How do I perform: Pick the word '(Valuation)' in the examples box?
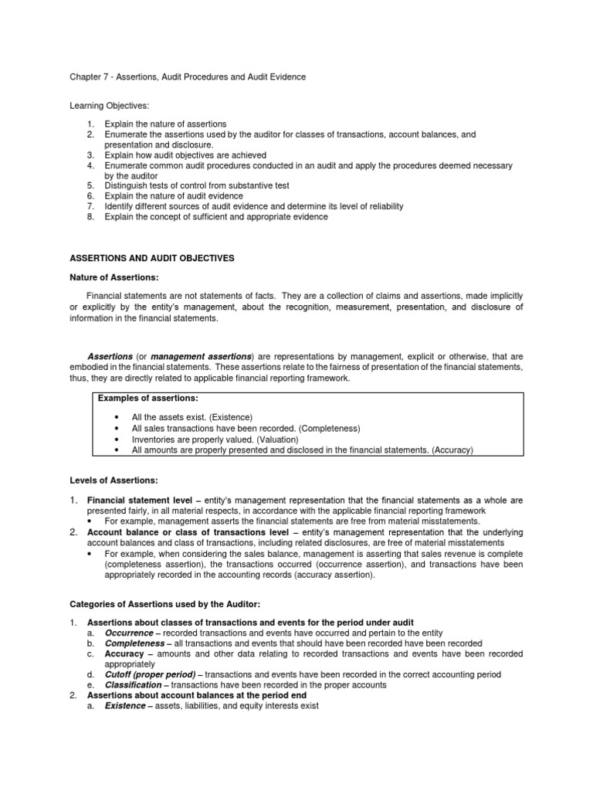click(x=272, y=439)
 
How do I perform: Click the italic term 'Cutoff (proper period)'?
click(x=150, y=674)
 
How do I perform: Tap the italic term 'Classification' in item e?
click(x=133, y=684)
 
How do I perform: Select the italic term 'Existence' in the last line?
click(x=125, y=705)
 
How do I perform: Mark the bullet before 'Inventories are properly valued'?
click(x=115, y=439)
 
